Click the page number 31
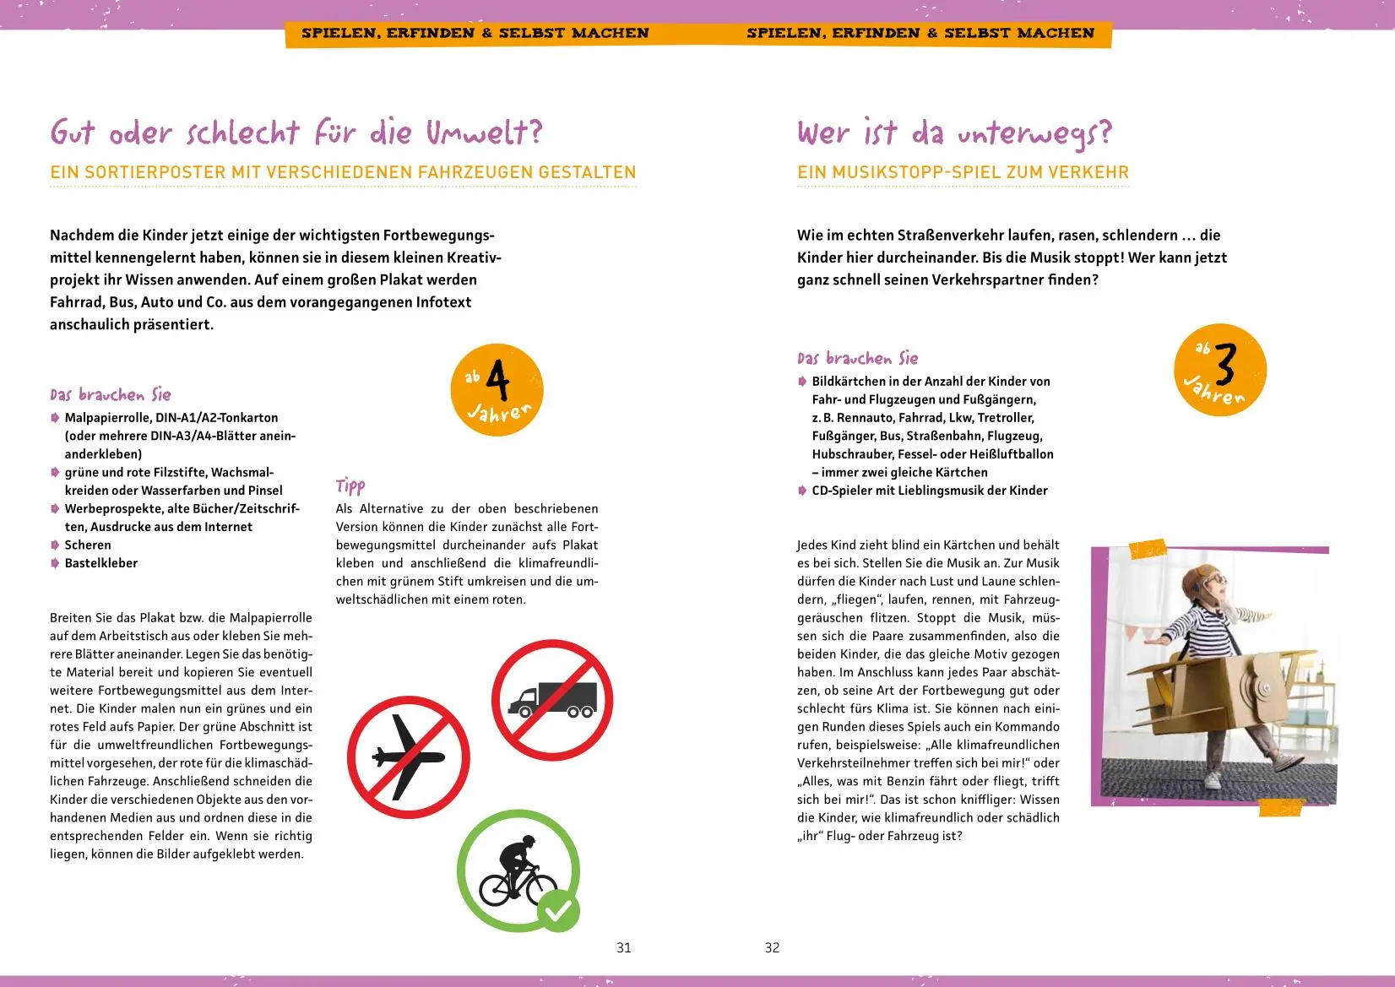coord(624,947)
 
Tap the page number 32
coord(772,947)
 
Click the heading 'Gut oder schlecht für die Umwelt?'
coord(296,133)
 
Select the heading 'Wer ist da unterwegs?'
coord(954,133)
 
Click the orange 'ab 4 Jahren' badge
coord(497,390)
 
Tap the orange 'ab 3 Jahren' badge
coord(1220,370)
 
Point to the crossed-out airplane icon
coord(408,757)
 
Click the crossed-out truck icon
coord(552,700)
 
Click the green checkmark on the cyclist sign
coord(559,910)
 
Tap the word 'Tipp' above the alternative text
coord(350,485)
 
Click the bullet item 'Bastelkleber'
coord(101,563)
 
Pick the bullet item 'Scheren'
coord(88,545)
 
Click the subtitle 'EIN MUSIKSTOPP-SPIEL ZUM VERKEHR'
coord(963,172)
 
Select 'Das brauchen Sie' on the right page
coord(857,358)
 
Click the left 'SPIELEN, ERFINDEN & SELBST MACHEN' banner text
coord(475,34)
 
